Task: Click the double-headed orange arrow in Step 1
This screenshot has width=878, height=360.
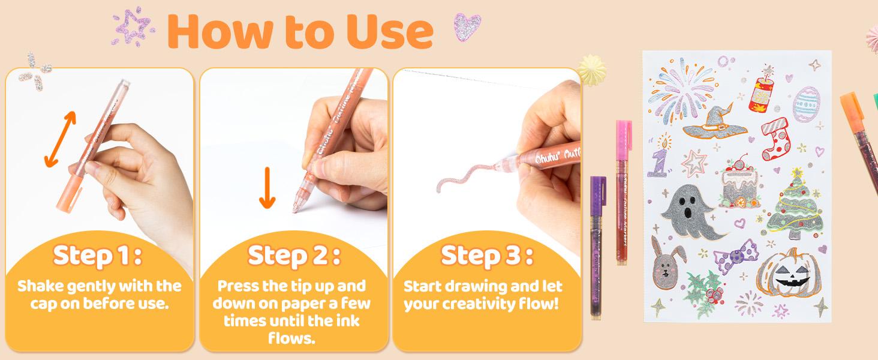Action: pos(61,139)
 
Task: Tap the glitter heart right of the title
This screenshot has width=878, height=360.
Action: pos(467,27)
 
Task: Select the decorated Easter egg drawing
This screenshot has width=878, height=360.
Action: pos(806,104)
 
